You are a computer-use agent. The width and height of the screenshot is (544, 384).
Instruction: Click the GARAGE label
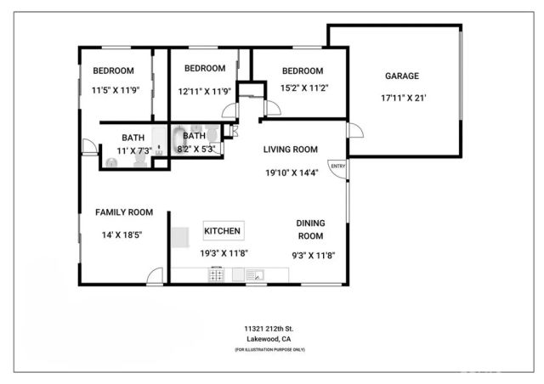pyautogui.click(x=402, y=76)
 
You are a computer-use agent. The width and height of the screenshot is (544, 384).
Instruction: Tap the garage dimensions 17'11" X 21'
pyautogui.click(x=403, y=98)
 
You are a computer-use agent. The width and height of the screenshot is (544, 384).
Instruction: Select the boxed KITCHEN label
pyautogui.click(x=224, y=230)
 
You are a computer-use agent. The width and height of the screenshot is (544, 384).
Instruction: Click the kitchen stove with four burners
pyautogui.click(x=217, y=274)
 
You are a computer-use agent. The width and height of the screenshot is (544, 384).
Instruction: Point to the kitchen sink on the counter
pyautogui.click(x=255, y=274)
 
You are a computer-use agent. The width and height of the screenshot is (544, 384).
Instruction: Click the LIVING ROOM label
pyautogui.click(x=290, y=150)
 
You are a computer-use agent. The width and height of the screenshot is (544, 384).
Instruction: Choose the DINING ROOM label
pyautogui.click(x=310, y=229)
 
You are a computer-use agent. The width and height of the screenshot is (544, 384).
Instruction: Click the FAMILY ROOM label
pyautogui.click(x=123, y=212)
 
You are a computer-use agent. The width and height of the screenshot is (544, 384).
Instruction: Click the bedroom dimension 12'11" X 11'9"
pyautogui.click(x=204, y=91)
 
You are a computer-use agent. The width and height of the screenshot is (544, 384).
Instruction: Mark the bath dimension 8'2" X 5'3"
pyautogui.click(x=195, y=149)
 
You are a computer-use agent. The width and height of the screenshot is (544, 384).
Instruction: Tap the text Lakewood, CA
pyautogui.click(x=269, y=339)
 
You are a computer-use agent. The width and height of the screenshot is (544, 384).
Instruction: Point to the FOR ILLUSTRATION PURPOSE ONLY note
pyautogui.click(x=269, y=350)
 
